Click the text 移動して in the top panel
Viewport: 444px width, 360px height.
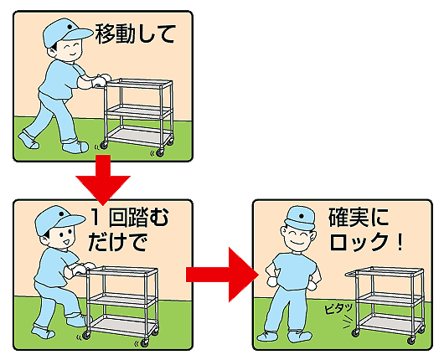pos(136,34)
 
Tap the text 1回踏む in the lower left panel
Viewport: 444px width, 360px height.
pos(130,218)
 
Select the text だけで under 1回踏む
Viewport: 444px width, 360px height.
pos(117,242)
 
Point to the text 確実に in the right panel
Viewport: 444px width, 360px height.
pos(359,218)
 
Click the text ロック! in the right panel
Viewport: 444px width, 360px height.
pos(366,242)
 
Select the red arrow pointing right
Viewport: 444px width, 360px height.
pos(223,275)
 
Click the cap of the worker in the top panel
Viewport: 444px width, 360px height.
pos(67,32)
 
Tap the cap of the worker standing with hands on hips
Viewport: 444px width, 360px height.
pos(300,218)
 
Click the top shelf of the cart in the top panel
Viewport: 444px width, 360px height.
pos(139,83)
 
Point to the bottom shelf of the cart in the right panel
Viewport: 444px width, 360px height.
pos(390,322)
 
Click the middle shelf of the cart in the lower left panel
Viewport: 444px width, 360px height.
pos(122,298)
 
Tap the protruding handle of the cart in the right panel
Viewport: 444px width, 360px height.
pos(351,274)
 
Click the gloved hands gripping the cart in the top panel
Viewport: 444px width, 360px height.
pos(100,80)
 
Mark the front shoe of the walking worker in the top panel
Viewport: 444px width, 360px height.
pos(75,147)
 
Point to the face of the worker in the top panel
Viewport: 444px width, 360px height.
pos(68,49)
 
